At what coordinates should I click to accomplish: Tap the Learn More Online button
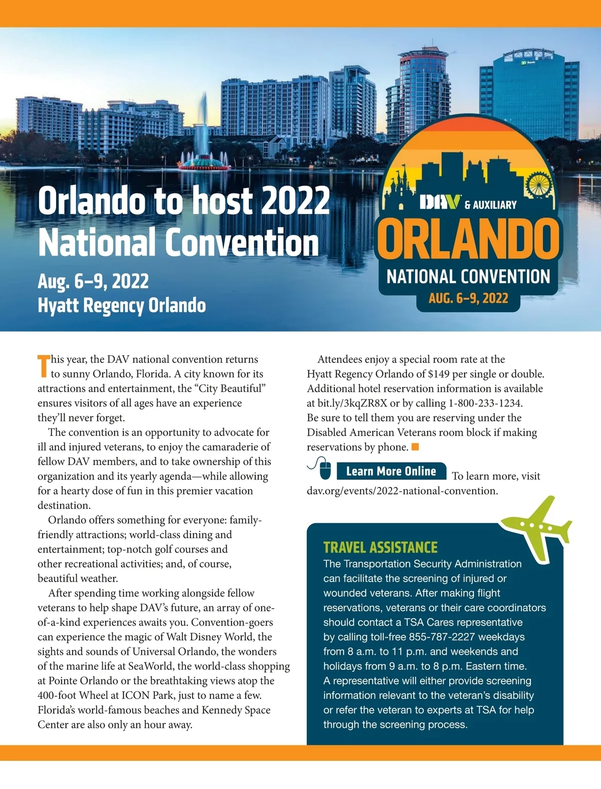pyautogui.click(x=391, y=471)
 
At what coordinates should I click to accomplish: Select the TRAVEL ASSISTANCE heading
pyautogui.click(x=380, y=547)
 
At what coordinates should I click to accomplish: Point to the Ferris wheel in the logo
pyautogui.click(x=539, y=184)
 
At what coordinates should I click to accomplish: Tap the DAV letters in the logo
pyautogui.click(x=440, y=202)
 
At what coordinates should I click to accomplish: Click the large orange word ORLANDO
pyautogui.click(x=468, y=239)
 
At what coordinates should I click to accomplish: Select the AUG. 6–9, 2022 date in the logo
pyautogui.click(x=468, y=299)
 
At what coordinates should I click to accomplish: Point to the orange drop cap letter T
pyautogui.click(x=44, y=366)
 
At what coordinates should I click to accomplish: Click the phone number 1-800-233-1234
pyautogui.click(x=485, y=403)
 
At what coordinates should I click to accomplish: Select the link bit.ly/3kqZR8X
pyautogui.click(x=352, y=403)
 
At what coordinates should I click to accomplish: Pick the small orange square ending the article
pyautogui.click(x=415, y=447)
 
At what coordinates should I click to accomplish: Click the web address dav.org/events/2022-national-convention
pyautogui.click(x=402, y=491)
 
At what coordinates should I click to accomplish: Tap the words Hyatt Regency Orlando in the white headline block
pyautogui.click(x=122, y=306)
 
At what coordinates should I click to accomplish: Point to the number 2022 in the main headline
pyautogui.click(x=295, y=200)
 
